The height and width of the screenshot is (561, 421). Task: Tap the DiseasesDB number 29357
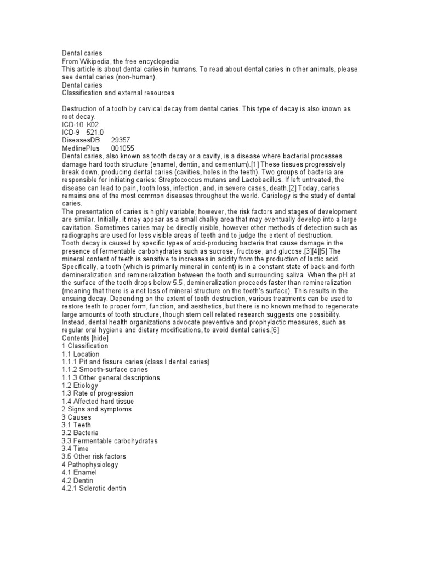[121, 140]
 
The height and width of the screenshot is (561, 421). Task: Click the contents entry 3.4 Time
[76, 449]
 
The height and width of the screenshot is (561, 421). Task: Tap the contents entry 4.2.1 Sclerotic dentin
[94, 488]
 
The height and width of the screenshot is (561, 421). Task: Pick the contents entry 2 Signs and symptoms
[96, 409]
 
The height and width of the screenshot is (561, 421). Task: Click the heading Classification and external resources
[118, 93]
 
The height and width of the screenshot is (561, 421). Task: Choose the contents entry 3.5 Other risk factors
[94, 456]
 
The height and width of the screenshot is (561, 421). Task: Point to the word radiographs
[80, 234]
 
